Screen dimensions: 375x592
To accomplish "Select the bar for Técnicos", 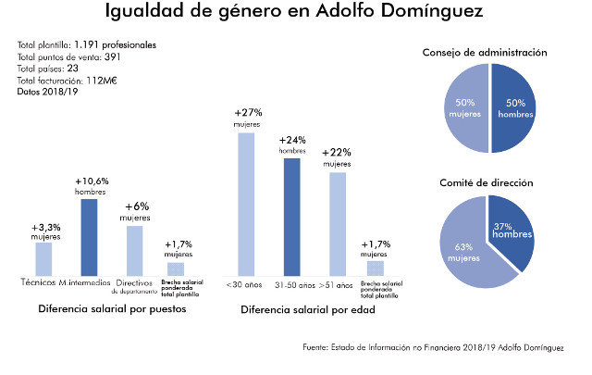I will point(43,258).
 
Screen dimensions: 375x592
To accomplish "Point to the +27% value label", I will point(246,113).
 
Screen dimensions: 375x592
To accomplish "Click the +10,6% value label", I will point(90,180).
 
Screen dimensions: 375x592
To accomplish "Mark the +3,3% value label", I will point(44,226).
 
